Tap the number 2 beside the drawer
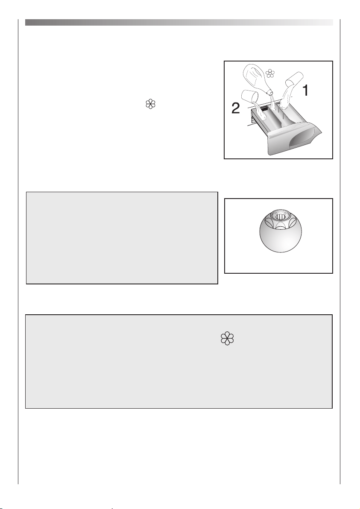[236, 108]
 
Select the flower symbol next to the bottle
[270, 73]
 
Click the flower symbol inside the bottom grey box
[227, 339]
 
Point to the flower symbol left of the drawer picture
[150, 104]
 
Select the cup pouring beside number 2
[250, 97]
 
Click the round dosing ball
[281, 231]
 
